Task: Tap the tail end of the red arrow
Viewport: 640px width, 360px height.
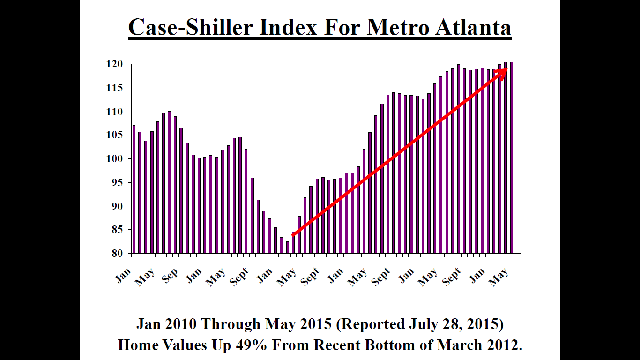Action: (293, 236)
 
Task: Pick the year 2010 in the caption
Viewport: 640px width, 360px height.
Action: (180, 324)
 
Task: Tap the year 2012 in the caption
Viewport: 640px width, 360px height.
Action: (503, 345)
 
